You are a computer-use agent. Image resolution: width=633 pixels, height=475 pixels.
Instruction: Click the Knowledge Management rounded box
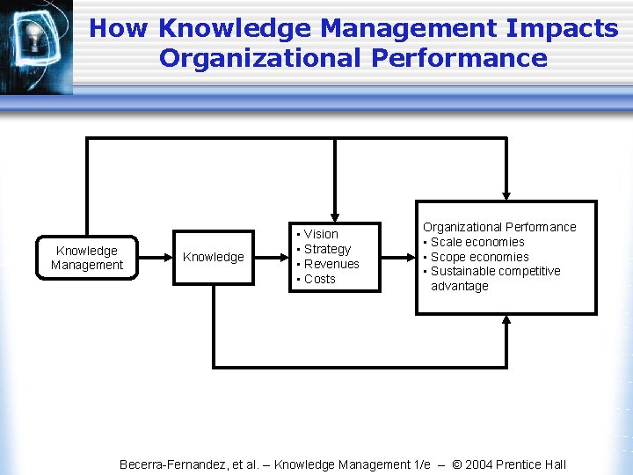pyautogui.click(x=87, y=258)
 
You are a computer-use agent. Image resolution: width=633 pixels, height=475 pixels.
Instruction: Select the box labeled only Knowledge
pyautogui.click(x=213, y=257)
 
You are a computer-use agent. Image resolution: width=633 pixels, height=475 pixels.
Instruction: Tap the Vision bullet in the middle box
pyautogui.click(x=321, y=234)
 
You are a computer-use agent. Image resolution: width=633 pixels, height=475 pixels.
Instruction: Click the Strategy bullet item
pyautogui.click(x=327, y=249)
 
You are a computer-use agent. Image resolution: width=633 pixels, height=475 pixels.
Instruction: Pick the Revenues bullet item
pyautogui.click(x=331, y=264)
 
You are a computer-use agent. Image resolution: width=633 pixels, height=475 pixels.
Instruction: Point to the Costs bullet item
pyautogui.click(x=320, y=279)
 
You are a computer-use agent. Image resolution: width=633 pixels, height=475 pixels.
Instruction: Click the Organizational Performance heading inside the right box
pyautogui.click(x=499, y=227)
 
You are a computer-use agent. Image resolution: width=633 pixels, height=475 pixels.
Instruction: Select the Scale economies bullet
pyautogui.click(x=477, y=242)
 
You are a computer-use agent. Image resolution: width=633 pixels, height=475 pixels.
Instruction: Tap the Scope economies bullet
pyautogui.click(x=479, y=257)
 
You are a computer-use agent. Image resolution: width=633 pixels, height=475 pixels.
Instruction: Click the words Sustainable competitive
pyautogui.click(x=495, y=271)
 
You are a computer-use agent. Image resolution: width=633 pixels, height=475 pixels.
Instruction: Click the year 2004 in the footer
pyautogui.click(x=479, y=464)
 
